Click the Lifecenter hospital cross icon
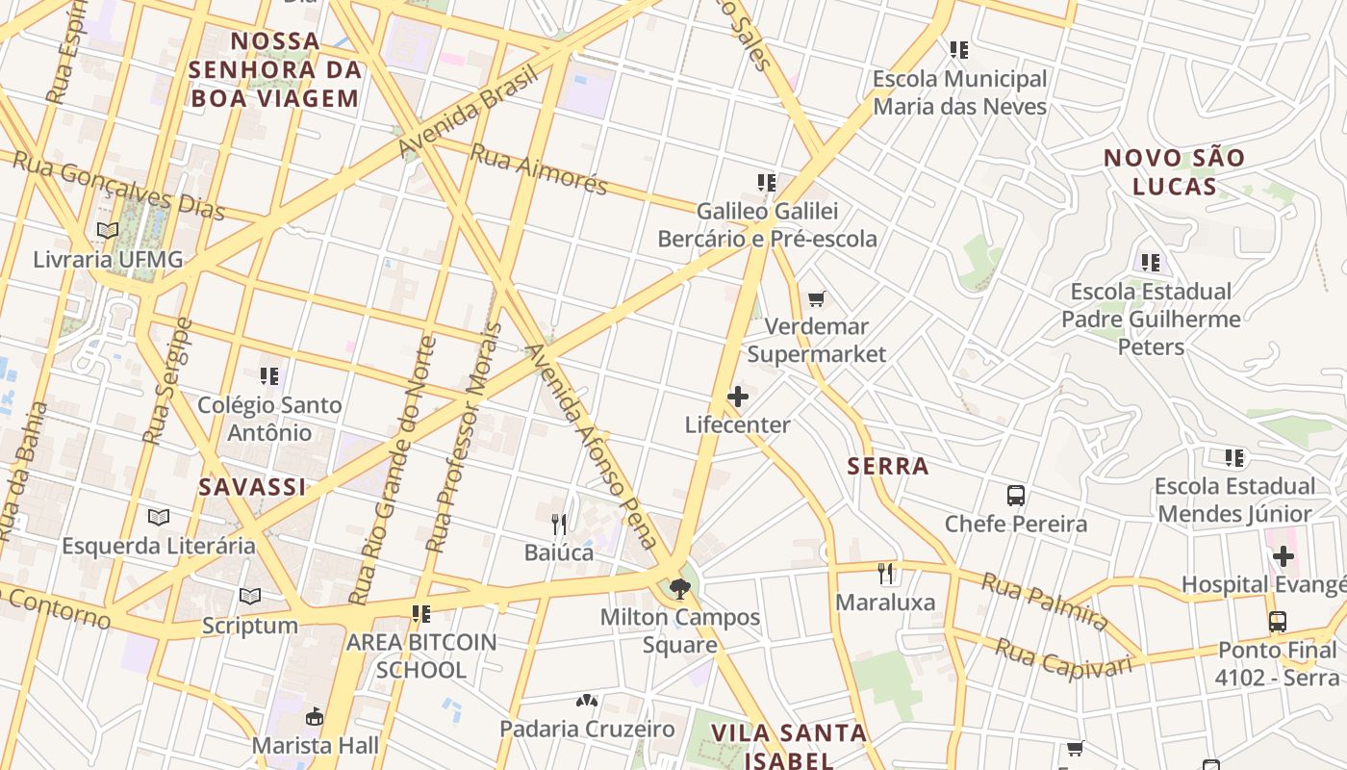click(x=738, y=397)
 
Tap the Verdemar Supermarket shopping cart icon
click(x=817, y=299)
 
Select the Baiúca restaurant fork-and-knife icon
click(x=559, y=525)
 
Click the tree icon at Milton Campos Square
click(x=680, y=588)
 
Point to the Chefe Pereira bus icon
click(x=1016, y=496)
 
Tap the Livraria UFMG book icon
click(x=108, y=232)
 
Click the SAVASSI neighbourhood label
click(x=252, y=487)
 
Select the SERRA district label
click(x=888, y=467)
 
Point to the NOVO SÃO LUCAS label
click(x=1174, y=171)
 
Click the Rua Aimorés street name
click(x=539, y=168)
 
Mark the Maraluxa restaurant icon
click(x=886, y=575)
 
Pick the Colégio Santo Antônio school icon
click(x=269, y=376)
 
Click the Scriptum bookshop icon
click(x=250, y=597)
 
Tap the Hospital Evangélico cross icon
click(x=1283, y=556)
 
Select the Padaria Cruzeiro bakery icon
click(x=587, y=701)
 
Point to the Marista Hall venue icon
click(x=315, y=717)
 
